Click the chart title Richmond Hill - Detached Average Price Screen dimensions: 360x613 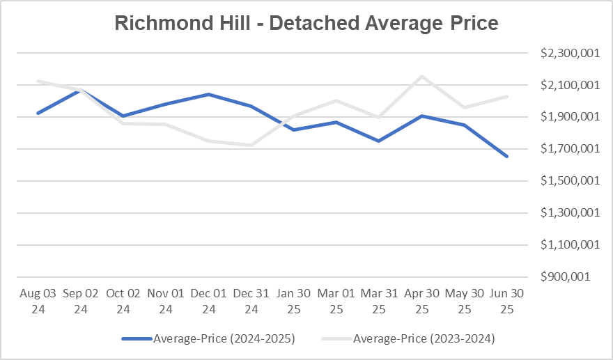pos(306,23)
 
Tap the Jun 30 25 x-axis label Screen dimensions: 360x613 pos(506,302)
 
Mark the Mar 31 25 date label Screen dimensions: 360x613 pos(378,302)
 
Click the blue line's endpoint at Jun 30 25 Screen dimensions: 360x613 pos(506,156)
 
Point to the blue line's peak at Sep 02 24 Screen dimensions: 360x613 pos(81,90)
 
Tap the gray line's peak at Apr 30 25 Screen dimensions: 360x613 pos(421,77)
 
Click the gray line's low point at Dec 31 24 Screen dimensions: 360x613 pos(251,145)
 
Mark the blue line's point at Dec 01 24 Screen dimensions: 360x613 pos(208,94)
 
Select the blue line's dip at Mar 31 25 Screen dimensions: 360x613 pos(378,141)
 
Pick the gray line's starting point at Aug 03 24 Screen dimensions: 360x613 pos(38,81)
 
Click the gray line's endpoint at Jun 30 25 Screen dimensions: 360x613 pos(506,97)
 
